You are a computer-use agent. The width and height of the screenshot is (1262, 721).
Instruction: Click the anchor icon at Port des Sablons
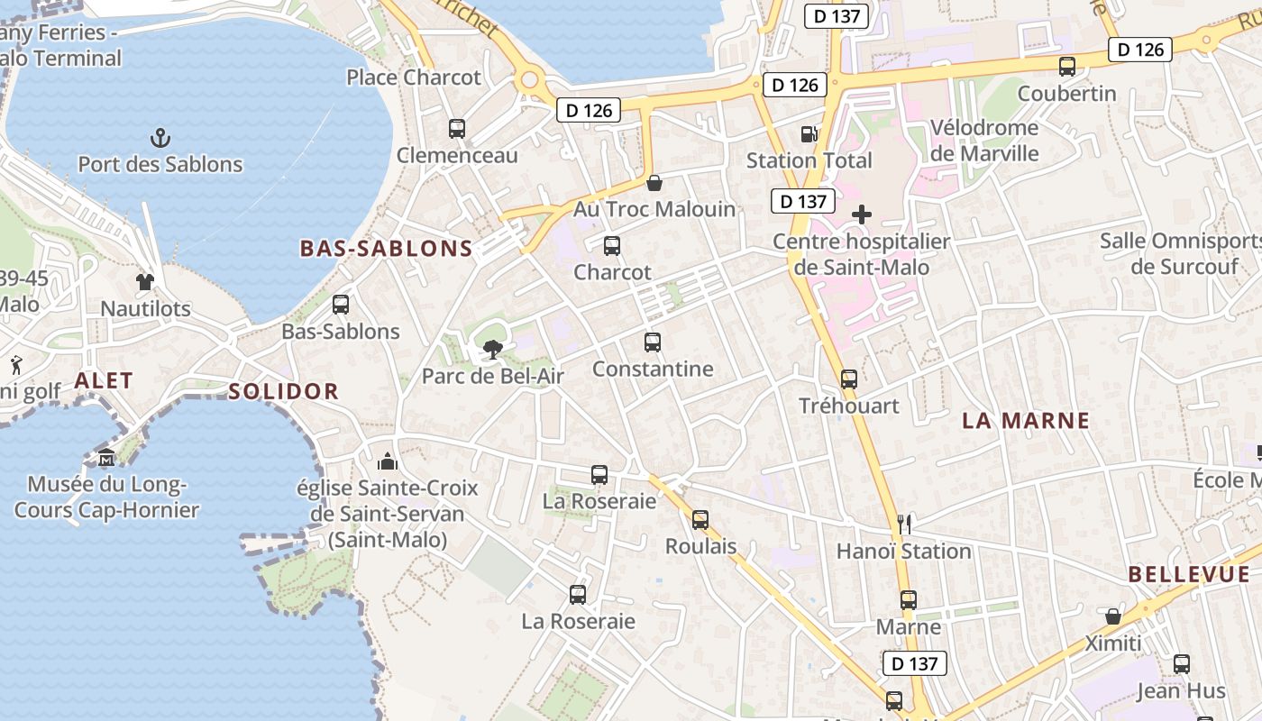click(160, 138)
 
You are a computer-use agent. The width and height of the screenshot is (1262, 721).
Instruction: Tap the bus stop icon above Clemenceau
click(457, 129)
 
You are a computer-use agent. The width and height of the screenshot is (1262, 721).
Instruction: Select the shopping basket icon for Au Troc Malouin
click(654, 183)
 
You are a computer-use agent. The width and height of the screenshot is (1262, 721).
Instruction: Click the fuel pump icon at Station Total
click(809, 134)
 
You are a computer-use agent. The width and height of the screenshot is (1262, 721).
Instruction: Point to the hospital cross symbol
click(862, 214)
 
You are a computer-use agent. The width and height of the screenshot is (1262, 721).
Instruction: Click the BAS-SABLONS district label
click(386, 249)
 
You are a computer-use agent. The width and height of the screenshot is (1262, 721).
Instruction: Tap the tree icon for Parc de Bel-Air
click(492, 350)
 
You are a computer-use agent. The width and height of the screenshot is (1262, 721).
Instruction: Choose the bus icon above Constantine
click(653, 342)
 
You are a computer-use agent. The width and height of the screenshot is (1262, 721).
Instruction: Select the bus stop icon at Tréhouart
click(849, 379)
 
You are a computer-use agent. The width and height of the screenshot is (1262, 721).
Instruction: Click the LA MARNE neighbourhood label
click(1026, 420)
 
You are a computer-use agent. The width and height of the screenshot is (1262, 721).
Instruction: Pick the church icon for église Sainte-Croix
click(388, 462)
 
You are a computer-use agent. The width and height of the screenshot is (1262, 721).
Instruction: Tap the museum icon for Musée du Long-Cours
click(106, 458)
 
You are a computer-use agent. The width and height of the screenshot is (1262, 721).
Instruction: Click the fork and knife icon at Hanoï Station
click(905, 525)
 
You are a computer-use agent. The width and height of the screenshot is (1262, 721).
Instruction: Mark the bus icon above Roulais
click(700, 520)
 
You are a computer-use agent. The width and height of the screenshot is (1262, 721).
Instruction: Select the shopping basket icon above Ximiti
click(1113, 616)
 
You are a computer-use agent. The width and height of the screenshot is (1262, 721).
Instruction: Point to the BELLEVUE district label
click(1189, 574)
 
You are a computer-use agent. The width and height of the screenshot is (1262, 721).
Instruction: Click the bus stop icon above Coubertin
click(1067, 67)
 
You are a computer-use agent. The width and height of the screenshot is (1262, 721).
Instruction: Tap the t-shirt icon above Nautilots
click(145, 281)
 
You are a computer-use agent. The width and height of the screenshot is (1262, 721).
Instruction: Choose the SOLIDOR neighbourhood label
click(283, 391)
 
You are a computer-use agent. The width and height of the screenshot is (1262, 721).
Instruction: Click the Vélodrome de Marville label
click(984, 141)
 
